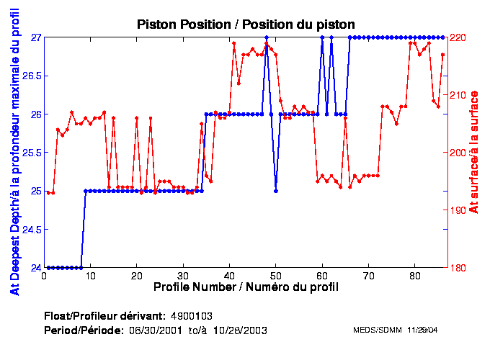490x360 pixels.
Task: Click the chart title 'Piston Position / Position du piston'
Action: pyautogui.click(x=246, y=24)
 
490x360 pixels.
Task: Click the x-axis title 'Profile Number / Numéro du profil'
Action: pyautogui.click(x=246, y=287)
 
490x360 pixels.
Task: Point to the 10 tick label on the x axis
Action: pyautogui.click(x=91, y=275)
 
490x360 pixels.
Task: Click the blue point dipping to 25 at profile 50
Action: pyautogui.click(x=276, y=191)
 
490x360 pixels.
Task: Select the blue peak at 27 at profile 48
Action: pyautogui.click(x=267, y=37)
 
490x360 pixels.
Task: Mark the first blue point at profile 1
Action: pyautogui.click(x=49, y=268)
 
